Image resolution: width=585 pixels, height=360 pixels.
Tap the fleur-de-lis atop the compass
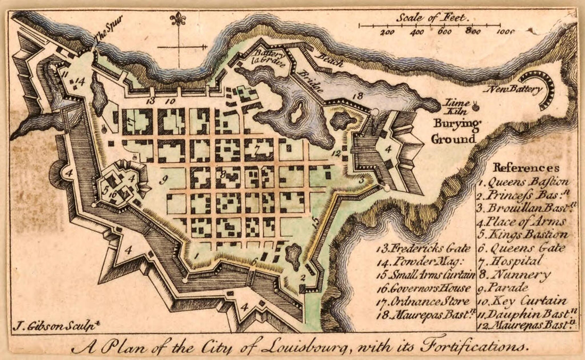[x=178, y=20]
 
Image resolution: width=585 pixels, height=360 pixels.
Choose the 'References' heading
[x=526, y=168]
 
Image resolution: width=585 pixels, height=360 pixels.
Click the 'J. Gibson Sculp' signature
[x=45, y=324]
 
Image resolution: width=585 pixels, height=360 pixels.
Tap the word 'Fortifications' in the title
[x=473, y=348]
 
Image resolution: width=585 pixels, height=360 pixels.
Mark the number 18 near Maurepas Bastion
[x=358, y=96]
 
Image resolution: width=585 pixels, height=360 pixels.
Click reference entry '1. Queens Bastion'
[x=523, y=182]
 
